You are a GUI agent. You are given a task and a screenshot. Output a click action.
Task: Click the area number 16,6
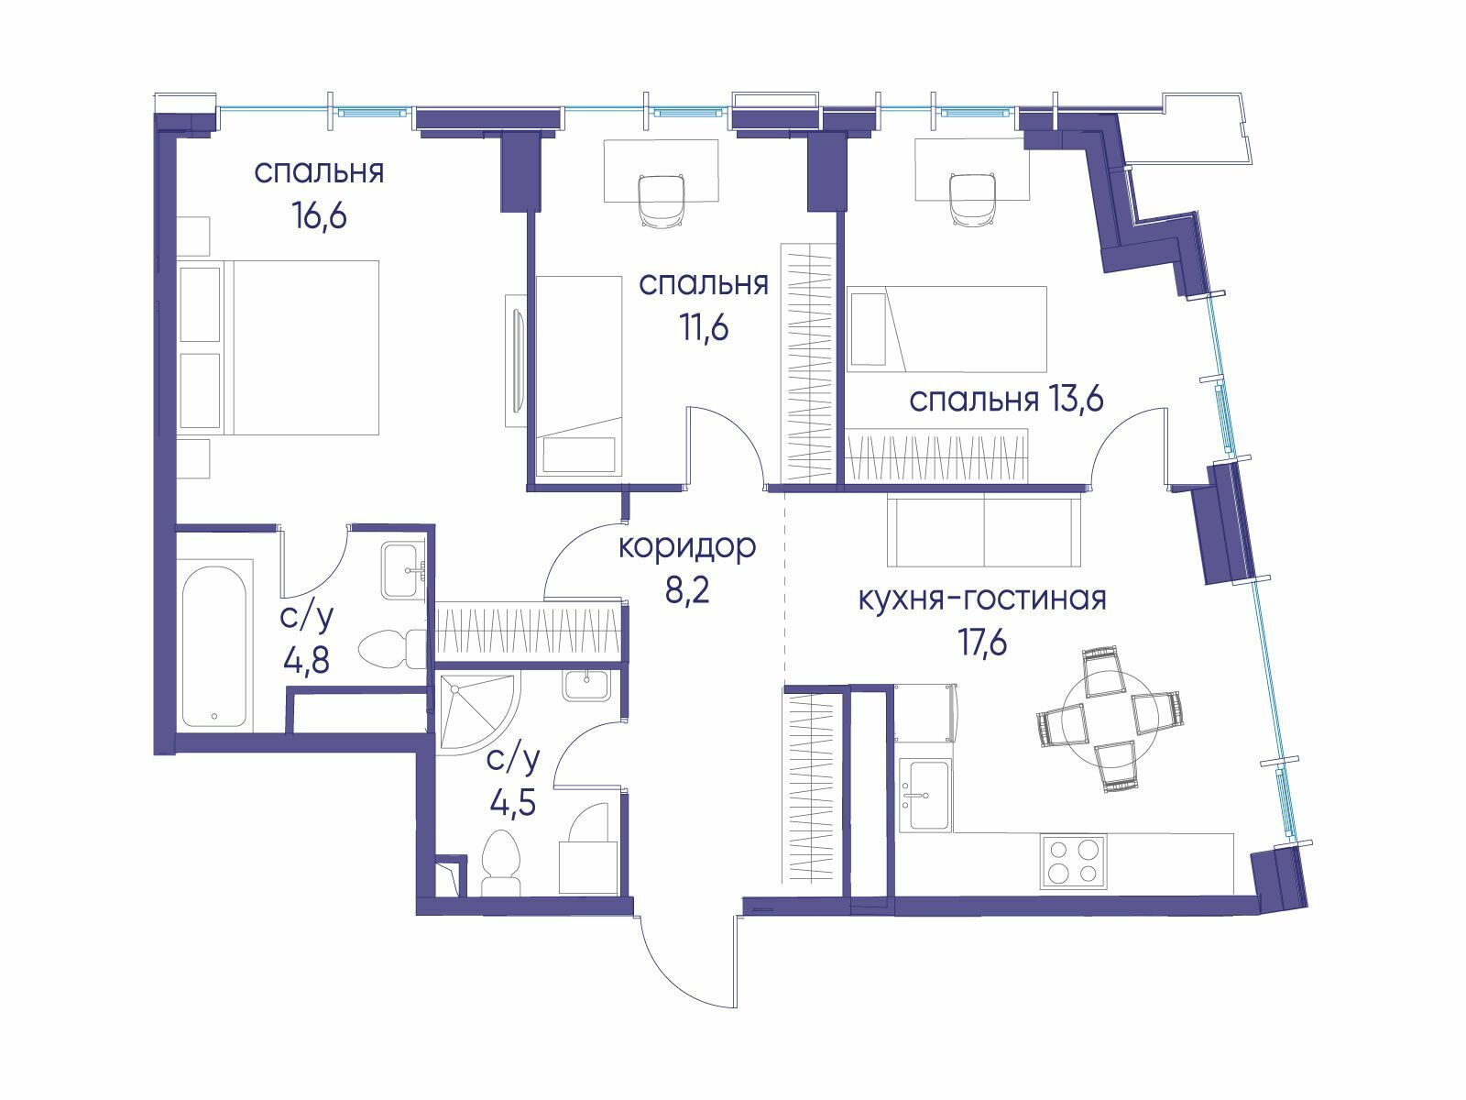point(319,217)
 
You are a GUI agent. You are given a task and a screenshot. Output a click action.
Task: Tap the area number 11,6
point(704,328)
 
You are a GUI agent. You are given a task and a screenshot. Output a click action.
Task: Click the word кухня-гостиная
point(982,599)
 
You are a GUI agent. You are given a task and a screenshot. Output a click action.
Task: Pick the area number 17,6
point(983,643)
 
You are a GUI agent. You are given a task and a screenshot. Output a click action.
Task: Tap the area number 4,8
point(307,661)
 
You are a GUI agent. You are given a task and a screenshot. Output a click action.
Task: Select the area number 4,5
point(513,803)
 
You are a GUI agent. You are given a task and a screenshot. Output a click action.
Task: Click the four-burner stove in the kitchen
point(1073,861)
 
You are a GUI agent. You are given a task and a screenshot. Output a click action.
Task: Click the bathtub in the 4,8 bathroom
point(215,647)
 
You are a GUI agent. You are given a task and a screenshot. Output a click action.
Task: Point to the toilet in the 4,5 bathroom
point(500,863)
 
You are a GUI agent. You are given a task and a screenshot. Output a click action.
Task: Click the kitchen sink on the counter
point(925,795)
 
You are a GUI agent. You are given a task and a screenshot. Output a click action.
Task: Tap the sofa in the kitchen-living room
point(984,531)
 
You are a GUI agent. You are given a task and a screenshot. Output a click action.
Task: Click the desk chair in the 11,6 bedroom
point(662,201)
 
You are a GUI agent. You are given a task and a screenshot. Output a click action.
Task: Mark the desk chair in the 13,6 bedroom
point(974,199)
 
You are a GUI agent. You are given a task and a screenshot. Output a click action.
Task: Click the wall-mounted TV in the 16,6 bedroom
point(516,360)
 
